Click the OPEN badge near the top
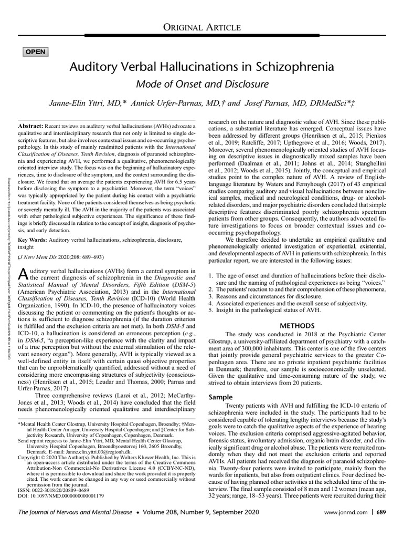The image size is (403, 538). (35, 51)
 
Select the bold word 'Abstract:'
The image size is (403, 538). (33, 127)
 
